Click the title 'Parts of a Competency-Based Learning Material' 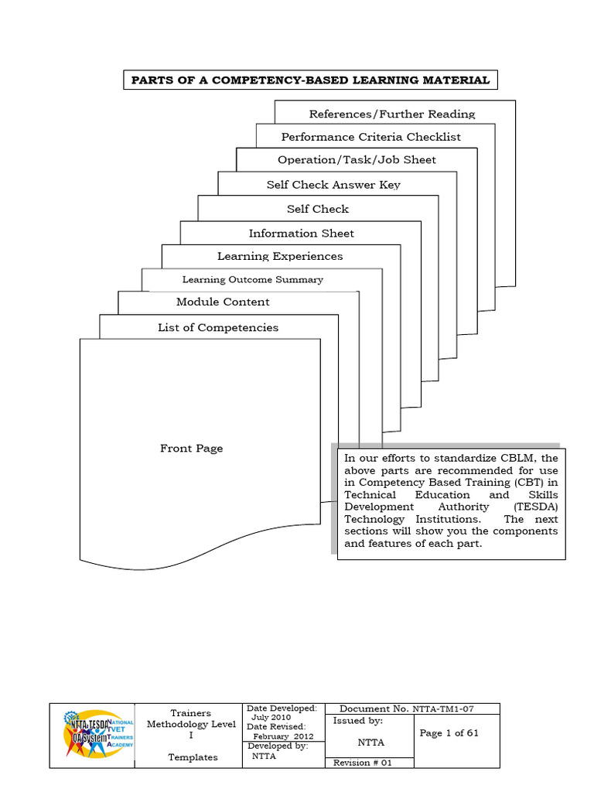point(310,80)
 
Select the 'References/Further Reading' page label point(391,114)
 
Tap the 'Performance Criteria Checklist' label point(370,137)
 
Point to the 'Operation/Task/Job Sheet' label point(357,160)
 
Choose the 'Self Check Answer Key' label point(333,185)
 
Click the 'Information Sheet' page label point(301,234)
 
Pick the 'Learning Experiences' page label point(279,256)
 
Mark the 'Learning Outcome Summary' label point(252,279)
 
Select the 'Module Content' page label point(223,302)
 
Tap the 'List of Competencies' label point(217,328)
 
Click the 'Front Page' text point(191,449)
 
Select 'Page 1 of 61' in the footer point(449,733)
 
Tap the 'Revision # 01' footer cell point(363,763)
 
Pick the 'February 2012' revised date point(282,736)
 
